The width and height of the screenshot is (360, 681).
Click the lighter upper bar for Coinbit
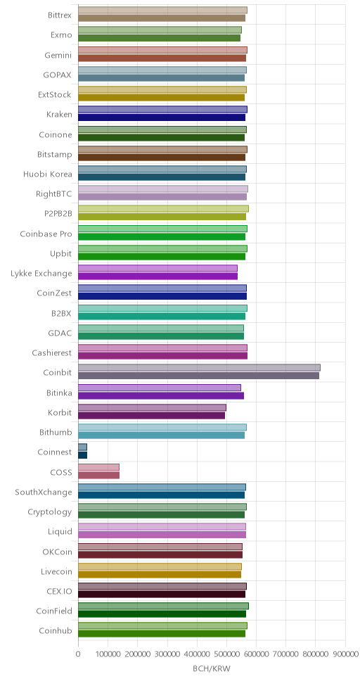pos(199,367)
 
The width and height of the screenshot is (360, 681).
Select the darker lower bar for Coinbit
pos(198,376)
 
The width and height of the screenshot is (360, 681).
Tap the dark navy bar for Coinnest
pos(82,455)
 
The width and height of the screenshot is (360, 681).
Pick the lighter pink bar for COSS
pos(98,467)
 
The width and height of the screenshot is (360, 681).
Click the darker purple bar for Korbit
pos(152,415)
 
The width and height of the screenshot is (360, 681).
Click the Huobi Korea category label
pos(48,174)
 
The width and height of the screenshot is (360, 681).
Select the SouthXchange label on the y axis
pos(44,492)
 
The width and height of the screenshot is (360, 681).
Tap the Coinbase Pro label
pos(46,234)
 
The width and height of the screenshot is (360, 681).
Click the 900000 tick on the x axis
pos(345,654)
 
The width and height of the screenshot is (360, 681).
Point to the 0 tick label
pos(78,654)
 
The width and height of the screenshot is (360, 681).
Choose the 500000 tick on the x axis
pos(226,654)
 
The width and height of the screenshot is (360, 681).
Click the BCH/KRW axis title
pos(212,669)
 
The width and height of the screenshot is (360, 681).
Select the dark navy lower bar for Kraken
pos(162,117)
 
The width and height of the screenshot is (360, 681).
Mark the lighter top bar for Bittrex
pos(163,10)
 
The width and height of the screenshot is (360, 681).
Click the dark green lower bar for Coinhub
pos(162,634)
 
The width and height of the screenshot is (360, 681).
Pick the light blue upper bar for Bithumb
pos(162,427)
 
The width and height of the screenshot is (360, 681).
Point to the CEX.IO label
pos(56,592)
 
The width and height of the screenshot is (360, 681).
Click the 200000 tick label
pos(138,654)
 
